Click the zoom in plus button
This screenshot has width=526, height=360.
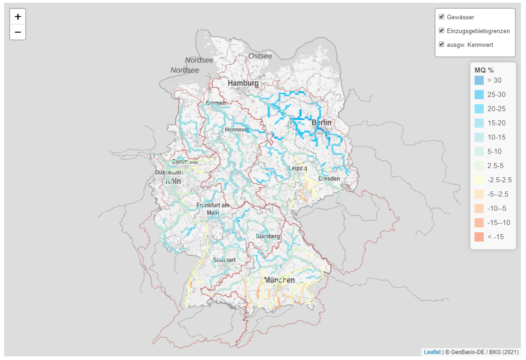[x=18, y=17]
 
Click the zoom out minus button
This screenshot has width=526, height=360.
[x=18, y=32]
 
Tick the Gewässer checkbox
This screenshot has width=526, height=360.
[x=441, y=17]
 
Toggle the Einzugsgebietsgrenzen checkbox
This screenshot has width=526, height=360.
[x=441, y=31]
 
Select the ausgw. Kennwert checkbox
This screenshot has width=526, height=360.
[x=441, y=45]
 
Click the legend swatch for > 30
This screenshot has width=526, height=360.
[x=479, y=80]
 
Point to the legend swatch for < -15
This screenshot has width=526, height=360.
[x=479, y=237]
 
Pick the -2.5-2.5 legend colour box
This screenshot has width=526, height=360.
[x=479, y=180]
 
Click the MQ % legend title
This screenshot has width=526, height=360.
[x=484, y=70]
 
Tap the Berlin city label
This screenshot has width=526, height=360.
[x=321, y=123]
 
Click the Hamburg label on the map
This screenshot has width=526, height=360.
[x=243, y=83]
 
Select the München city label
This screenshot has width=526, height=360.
[x=279, y=280]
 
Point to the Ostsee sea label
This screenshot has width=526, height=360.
[x=260, y=56]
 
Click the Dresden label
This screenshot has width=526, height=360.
[x=329, y=178]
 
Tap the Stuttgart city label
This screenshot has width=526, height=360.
[x=224, y=260]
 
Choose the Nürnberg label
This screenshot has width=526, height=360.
[x=268, y=236]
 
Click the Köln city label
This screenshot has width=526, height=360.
[x=173, y=181]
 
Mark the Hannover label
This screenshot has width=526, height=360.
[x=237, y=130]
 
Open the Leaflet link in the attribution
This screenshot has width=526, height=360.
[x=432, y=352]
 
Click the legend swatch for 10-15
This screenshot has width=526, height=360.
[x=479, y=137]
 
